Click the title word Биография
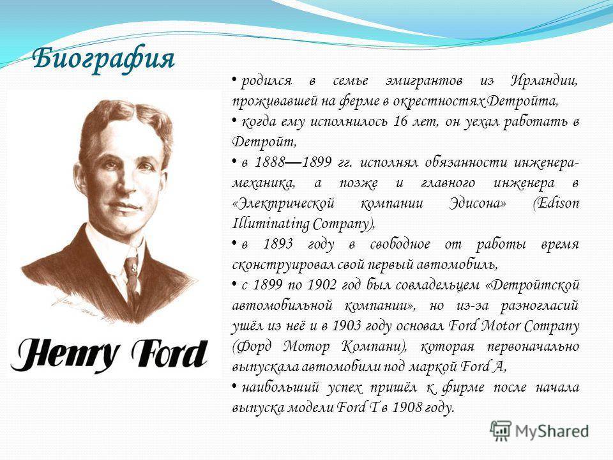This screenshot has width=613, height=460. tap(103, 59)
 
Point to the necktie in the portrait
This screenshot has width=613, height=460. tap(132, 279)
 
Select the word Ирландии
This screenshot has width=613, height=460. tap(544, 81)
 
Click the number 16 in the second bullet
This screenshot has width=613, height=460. tap(400, 121)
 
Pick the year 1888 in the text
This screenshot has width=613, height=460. tap(269, 162)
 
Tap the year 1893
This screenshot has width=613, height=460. tap(278, 245)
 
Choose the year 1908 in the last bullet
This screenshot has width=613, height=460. tap(407, 408)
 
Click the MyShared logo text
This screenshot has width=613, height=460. tap(552, 431)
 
